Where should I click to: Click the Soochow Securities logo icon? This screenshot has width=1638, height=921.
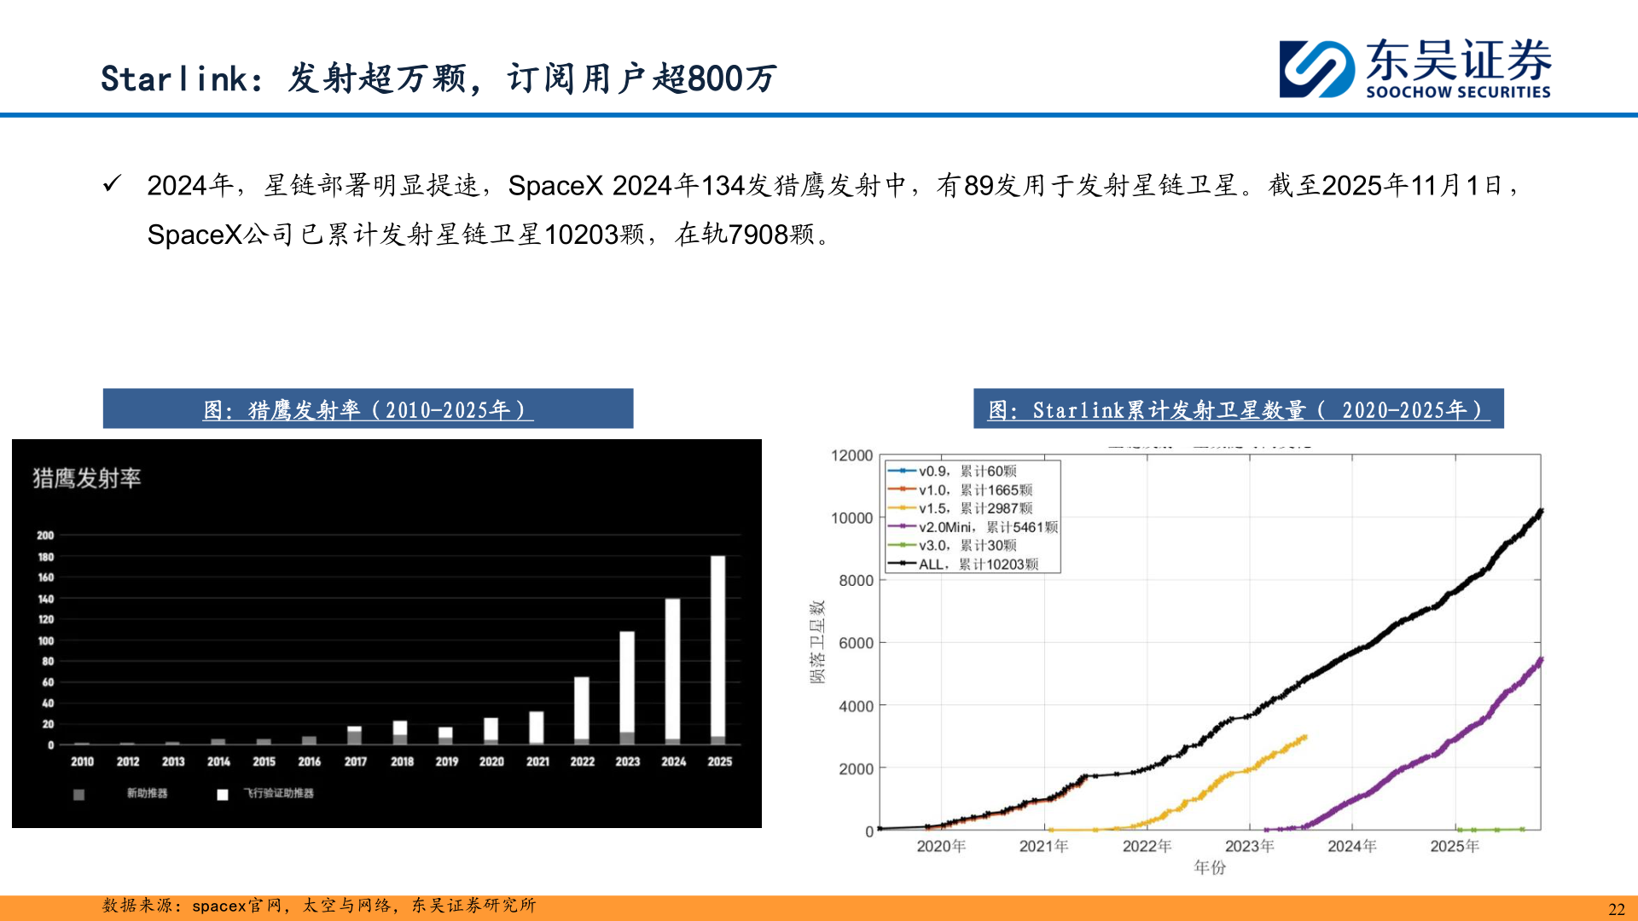1316,69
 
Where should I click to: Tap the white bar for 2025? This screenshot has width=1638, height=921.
717,648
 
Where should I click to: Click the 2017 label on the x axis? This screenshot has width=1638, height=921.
356,762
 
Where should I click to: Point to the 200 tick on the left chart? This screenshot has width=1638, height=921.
45,536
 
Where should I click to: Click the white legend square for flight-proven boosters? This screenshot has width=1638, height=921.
223,795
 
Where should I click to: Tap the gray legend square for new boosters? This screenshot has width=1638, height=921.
79,795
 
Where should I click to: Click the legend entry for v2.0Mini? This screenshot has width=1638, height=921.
973,527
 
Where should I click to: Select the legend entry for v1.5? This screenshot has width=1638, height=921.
960,508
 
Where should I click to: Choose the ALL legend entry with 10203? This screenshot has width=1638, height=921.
963,565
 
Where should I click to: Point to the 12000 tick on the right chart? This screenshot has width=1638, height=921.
851,455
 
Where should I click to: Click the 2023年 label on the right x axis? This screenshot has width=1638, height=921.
1249,846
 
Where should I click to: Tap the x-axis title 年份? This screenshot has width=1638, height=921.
1210,867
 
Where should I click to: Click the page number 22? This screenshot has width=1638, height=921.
1616,909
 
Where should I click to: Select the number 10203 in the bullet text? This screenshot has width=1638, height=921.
581,235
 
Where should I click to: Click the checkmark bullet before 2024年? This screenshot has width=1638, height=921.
112,184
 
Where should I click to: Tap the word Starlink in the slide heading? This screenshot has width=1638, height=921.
174,78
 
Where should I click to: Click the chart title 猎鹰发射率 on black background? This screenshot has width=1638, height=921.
87,478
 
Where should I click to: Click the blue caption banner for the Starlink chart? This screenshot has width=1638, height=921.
1238,409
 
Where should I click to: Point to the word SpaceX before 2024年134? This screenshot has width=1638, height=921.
555,186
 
